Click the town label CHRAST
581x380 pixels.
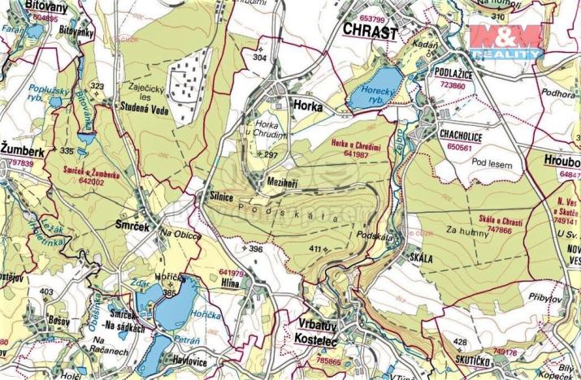370,32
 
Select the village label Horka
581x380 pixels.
307,106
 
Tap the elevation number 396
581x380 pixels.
255,248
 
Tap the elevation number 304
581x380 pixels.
259,58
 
